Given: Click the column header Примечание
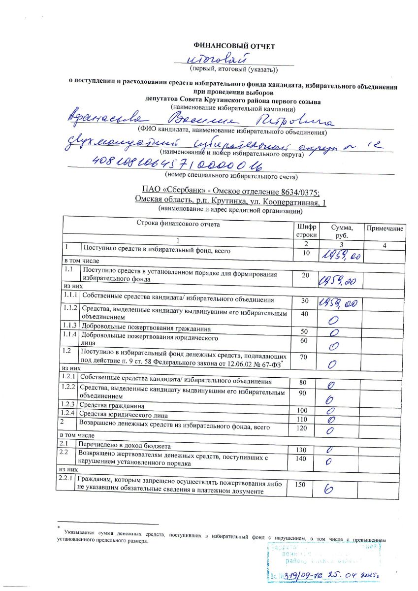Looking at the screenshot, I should (x=384, y=229).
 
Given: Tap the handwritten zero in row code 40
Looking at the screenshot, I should (x=335, y=320).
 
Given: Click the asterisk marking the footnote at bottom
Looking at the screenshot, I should (x=58, y=527).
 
